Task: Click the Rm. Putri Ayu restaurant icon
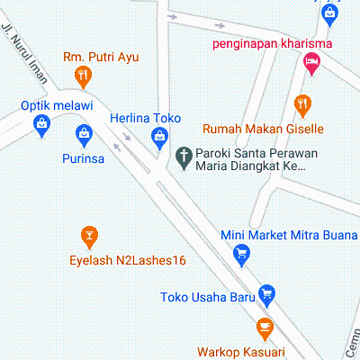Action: pos(85,75)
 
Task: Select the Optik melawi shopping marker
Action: pos(40,130)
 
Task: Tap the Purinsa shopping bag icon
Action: pos(85,136)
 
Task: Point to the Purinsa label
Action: pos(85,158)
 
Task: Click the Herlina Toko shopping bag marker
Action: pos(158,137)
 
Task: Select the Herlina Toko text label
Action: pos(146,118)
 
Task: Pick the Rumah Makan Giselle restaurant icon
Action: pos(302,104)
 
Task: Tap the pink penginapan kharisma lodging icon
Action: pos(312,63)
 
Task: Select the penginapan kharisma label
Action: pos(273,43)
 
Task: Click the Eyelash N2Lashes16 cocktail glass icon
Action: pos(88,237)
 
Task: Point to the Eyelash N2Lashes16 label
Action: pos(127,260)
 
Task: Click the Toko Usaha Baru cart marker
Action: pos(265,293)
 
